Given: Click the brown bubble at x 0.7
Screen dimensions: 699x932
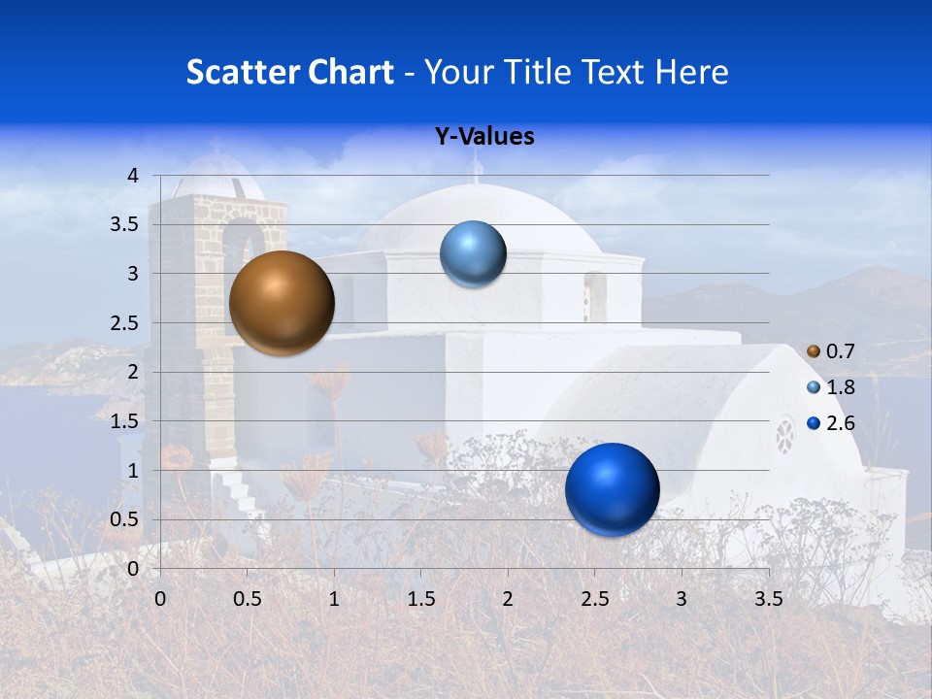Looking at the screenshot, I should click(282, 303).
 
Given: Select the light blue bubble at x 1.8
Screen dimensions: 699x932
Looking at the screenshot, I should click(473, 254).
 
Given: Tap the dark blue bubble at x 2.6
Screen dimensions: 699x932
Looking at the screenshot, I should click(612, 489).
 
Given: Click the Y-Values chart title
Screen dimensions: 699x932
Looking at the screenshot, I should click(484, 137).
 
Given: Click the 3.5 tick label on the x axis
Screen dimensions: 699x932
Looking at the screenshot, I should click(768, 599).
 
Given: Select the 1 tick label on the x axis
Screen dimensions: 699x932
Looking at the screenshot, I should click(334, 599).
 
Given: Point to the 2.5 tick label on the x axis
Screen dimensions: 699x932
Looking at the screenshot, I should click(594, 599).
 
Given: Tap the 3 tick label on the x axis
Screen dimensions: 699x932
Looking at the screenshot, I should click(681, 599).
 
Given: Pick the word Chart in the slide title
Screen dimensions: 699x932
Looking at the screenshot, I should click(349, 72).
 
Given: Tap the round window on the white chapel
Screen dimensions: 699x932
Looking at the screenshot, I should click(784, 436).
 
